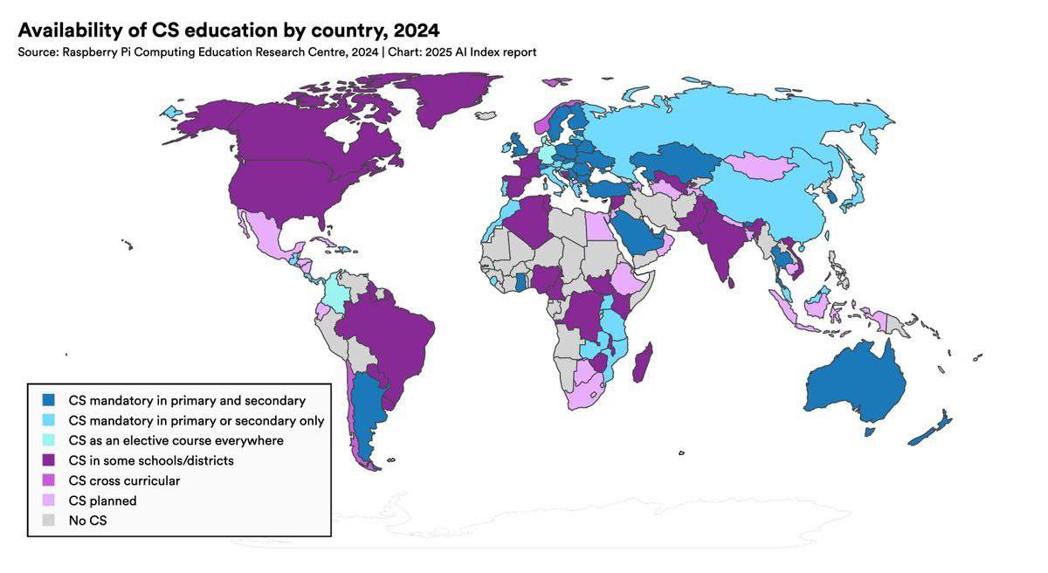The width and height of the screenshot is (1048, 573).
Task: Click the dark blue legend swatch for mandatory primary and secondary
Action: (50, 400)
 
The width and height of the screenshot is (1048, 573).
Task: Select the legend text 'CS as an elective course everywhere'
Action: (176, 440)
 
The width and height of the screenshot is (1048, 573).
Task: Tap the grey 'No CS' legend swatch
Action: (50, 521)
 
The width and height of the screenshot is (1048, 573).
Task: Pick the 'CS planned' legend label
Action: (102, 501)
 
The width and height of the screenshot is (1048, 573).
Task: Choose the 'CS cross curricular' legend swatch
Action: (50, 480)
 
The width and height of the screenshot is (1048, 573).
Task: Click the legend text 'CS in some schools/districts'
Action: (151, 460)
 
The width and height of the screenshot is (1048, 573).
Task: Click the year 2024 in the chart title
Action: (410, 30)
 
